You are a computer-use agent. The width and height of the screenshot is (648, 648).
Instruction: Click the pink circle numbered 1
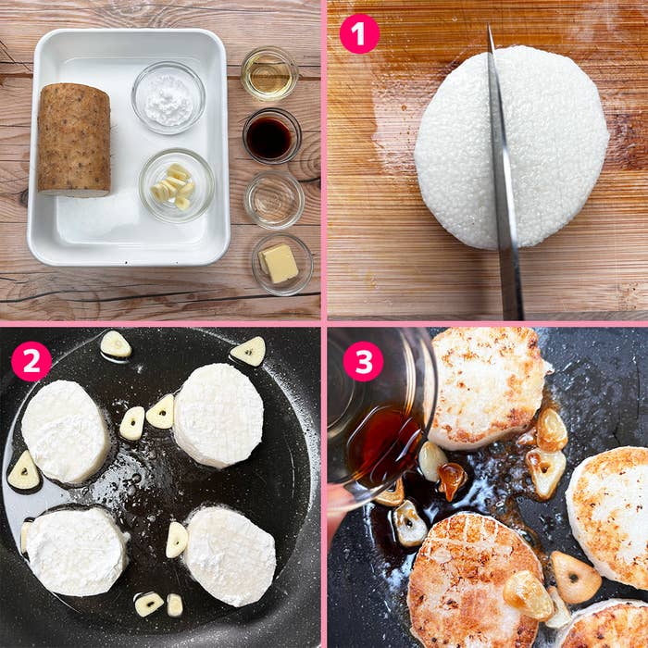359,34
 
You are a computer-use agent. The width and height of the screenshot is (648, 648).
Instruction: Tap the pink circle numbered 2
31,362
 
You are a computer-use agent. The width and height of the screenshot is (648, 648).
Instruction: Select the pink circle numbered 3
363,362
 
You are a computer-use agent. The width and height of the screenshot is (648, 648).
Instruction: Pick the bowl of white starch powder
168,98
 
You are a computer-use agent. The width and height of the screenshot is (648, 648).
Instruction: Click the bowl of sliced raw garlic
177,186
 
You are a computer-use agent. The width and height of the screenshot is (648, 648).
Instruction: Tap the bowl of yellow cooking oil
269,74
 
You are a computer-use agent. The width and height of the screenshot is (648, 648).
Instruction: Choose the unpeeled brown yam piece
74,140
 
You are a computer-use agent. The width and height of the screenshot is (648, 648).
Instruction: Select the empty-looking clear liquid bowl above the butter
274,201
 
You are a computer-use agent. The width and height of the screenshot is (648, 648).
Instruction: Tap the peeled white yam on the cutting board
512,147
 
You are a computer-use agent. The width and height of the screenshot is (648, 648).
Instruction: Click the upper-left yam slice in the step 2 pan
65,431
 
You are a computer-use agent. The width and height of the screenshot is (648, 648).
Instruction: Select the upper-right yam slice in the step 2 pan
218,416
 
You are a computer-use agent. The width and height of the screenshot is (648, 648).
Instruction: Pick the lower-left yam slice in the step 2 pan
75,552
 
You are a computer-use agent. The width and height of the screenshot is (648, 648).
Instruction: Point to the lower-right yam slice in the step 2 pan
230,556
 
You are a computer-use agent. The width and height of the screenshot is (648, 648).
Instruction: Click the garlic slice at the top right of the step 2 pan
248,351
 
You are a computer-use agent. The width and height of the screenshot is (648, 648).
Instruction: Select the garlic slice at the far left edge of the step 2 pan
24,470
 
